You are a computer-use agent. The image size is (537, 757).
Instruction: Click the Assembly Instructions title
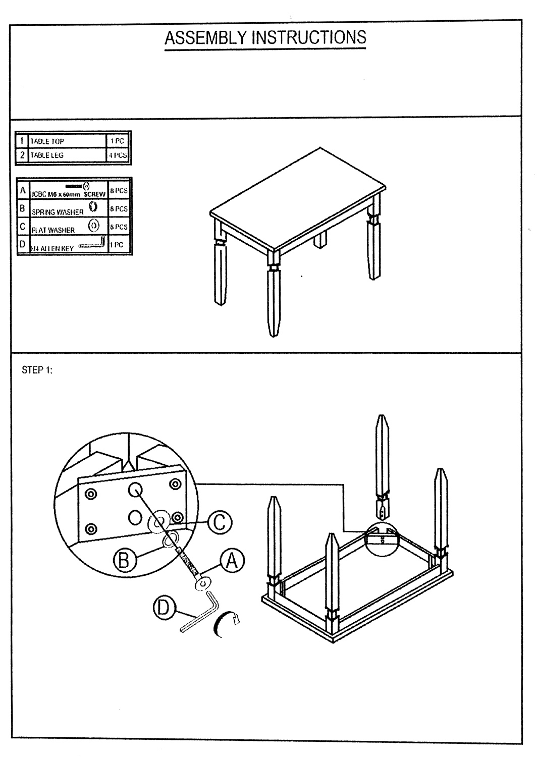pos(265,38)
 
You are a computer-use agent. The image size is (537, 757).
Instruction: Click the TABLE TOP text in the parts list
pos(47,142)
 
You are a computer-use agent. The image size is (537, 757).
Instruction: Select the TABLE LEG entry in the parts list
pos(47,155)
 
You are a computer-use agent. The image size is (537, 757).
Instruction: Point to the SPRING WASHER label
pos(57,212)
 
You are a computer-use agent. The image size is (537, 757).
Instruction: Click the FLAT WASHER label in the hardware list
pos(53,230)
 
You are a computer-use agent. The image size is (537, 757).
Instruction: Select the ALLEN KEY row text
pos(53,248)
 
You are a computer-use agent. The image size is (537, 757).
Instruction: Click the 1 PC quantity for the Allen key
pos(117,244)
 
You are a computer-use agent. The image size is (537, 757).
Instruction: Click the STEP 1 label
pos(37,370)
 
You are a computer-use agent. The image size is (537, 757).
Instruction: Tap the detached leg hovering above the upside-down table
pos(383,464)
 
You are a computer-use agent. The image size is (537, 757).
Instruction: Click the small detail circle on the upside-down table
pos(382,539)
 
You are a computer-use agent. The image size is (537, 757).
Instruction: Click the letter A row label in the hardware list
pos(23,191)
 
